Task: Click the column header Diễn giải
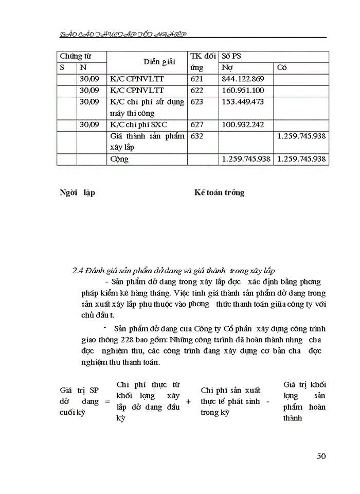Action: tap(145, 62)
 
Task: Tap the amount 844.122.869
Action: tap(242, 79)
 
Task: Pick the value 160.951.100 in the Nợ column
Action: tap(242, 90)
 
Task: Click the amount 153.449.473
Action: tap(242, 102)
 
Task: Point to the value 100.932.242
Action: tap(242, 125)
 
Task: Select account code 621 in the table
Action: tap(197, 79)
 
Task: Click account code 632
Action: tap(197, 136)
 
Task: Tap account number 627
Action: tap(197, 125)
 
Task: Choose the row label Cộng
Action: tap(119, 159)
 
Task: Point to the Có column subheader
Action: tap(282, 67)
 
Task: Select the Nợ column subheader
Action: tap(226, 67)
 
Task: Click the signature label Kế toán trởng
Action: tap(219, 192)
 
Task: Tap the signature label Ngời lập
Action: tap(77, 192)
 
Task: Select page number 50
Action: tap(321, 456)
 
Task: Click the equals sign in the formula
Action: tap(107, 401)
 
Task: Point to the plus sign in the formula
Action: tap(188, 401)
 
